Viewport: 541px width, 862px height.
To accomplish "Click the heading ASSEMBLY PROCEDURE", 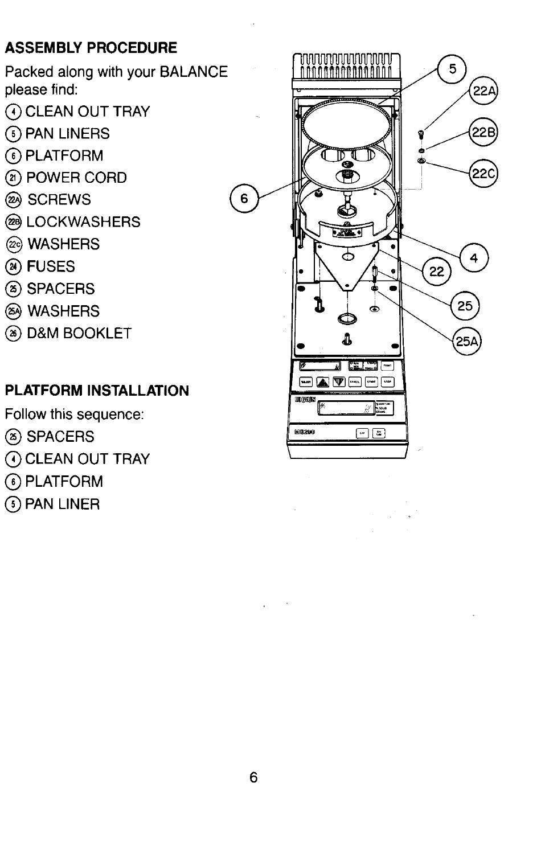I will (x=91, y=47).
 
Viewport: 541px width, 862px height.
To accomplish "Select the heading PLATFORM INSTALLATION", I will (x=97, y=391).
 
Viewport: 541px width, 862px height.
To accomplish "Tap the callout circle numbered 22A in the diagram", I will (x=483, y=91).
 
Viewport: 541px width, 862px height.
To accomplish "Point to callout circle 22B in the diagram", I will (x=483, y=133).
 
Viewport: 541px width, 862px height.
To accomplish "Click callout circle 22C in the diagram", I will (x=483, y=173).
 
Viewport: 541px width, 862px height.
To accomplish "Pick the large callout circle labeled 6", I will (x=244, y=199).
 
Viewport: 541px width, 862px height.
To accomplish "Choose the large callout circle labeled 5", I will (x=452, y=70).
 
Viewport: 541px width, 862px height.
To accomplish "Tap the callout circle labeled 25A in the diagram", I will (x=467, y=340).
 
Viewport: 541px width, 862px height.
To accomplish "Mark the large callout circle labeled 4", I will (x=474, y=259).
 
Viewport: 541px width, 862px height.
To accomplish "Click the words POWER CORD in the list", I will (x=76, y=178).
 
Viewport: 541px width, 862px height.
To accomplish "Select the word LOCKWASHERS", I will (x=83, y=222).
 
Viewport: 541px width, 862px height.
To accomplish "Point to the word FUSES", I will (x=51, y=266).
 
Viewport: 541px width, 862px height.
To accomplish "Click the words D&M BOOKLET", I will (x=79, y=333).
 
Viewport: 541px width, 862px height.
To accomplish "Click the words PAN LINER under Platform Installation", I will (x=62, y=504).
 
